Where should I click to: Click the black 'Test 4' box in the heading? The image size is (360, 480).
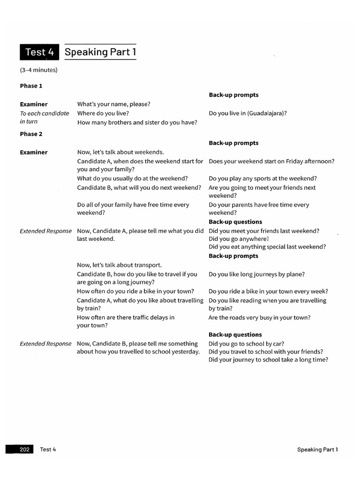[x=39, y=52]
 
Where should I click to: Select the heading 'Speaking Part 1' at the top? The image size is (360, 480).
[x=100, y=52]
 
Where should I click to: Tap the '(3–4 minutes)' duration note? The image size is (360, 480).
[x=38, y=70]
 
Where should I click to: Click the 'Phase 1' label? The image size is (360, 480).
[x=31, y=86]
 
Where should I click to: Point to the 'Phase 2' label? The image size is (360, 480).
[x=31, y=134]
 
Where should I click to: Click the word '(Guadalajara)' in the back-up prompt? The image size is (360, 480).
[x=266, y=113]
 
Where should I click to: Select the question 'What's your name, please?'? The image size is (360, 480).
[x=113, y=104]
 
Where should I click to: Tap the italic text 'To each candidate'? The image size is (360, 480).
[x=44, y=113]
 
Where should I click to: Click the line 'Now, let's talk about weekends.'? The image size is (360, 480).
[x=120, y=152]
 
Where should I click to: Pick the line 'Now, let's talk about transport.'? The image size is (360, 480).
[x=119, y=265]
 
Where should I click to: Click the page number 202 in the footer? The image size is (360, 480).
[x=25, y=450]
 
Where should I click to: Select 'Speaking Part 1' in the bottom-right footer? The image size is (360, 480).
[x=317, y=450]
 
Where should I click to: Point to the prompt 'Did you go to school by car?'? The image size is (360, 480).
[x=247, y=344]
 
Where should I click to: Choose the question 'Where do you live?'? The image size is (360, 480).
[x=103, y=113]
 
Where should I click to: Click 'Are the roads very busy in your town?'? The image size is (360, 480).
[x=259, y=318]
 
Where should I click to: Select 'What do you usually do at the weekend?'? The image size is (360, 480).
[x=133, y=179]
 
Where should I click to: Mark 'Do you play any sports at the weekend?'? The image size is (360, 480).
[x=262, y=179]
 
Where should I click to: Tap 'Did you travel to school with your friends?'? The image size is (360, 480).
[x=266, y=352]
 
